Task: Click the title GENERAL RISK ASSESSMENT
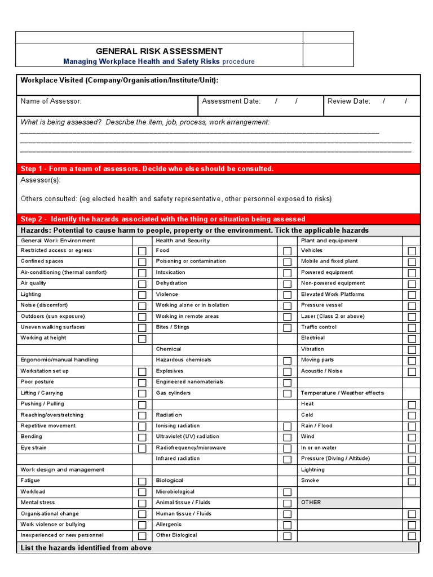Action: pos(159,51)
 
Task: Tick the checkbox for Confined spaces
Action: pos(142,262)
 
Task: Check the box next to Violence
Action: pos(288,295)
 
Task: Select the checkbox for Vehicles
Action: pos(412,251)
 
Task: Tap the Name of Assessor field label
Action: pos(51,101)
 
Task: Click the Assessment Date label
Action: pos(231,101)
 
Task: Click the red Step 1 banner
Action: pos(218,169)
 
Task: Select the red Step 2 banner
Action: pos(218,219)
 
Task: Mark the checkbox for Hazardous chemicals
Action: pos(288,361)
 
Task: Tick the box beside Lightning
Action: pos(412,470)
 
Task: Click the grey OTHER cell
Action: pos(350,503)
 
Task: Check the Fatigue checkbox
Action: pos(142,481)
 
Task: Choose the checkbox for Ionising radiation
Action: pos(288,427)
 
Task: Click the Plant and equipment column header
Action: pos(329,241)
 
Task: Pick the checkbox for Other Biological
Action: pos(288,536)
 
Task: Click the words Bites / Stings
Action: pos(173,327)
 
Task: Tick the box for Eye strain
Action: pos(142,449)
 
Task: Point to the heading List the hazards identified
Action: pos(86,548)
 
